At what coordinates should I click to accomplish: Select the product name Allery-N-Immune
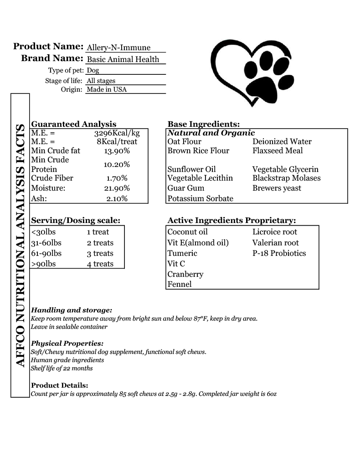coord(118,47)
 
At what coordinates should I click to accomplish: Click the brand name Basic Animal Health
coord(123,59)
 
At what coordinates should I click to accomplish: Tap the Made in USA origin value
coord(107,89)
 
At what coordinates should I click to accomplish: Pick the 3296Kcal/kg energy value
coord(117,133)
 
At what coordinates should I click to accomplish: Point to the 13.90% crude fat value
coord(117,151)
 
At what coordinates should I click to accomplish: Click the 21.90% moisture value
coord(117,188)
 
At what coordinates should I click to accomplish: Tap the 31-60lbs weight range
coord(46,243)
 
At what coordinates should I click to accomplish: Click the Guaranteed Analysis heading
coord(73,124)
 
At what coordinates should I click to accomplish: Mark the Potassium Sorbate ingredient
coord(200,198)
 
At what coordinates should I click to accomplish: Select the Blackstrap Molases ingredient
coord(286,178)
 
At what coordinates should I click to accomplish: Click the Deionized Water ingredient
coord(282,141)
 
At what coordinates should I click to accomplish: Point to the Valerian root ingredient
coord(275,243)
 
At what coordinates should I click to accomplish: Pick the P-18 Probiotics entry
coord(279,253)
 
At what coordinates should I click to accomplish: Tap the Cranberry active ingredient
coord(185,274)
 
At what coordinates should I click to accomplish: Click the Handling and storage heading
coord(71,310)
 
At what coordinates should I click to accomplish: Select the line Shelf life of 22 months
coord(62,368)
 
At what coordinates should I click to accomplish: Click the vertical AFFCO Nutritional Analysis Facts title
coord(20,245)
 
